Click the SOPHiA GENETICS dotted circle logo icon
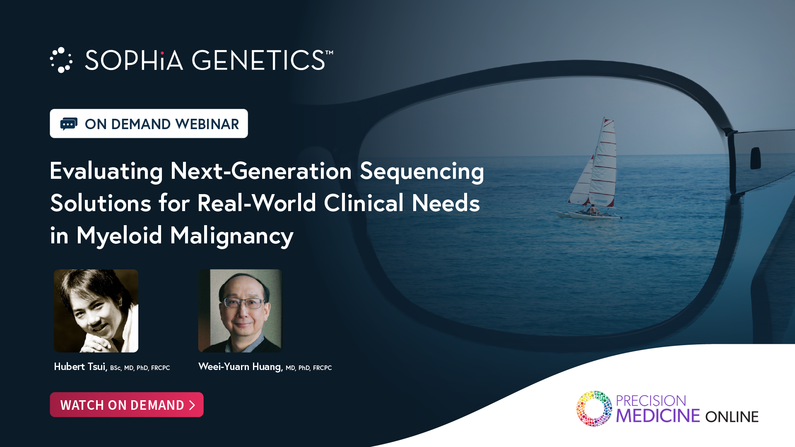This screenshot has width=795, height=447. pyautogui.click(x=61, y=60)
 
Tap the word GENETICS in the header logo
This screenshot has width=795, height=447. pyautogui.click(x=259, y=60)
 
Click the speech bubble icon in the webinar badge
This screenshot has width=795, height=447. pyautogui.click(x=69, y=124)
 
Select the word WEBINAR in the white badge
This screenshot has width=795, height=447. pyautogui.click(x=207, y=124)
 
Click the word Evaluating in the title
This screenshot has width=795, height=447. pyautogui.click(x=106, y=171)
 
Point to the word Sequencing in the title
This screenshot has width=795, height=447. pyautogui.click(x=422, y=171)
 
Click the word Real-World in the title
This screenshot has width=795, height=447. pyautogui.click(x=257, y=203)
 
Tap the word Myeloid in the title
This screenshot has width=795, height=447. pyautogui.click(x=119, y=236)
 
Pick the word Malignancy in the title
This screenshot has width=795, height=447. pyautogui.click(x=232, y=236)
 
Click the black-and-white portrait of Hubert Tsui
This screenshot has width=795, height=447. pyautogui.click(x=96, y=311)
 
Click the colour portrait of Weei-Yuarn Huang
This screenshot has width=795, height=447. pyautogui.click(x=240, y=311)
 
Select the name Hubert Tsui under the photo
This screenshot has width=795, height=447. pyautogui.click(x=81, y=367)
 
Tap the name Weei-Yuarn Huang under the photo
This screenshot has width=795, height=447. pyautogui.click(x=241, y=367)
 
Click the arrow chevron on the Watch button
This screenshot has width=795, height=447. pyautogui.click(x=192, y=405)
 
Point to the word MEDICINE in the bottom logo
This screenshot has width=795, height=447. pyautogui.click(x=658, y=416)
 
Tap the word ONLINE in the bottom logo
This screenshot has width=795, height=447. pyautogui.click(x=732, y=417)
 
